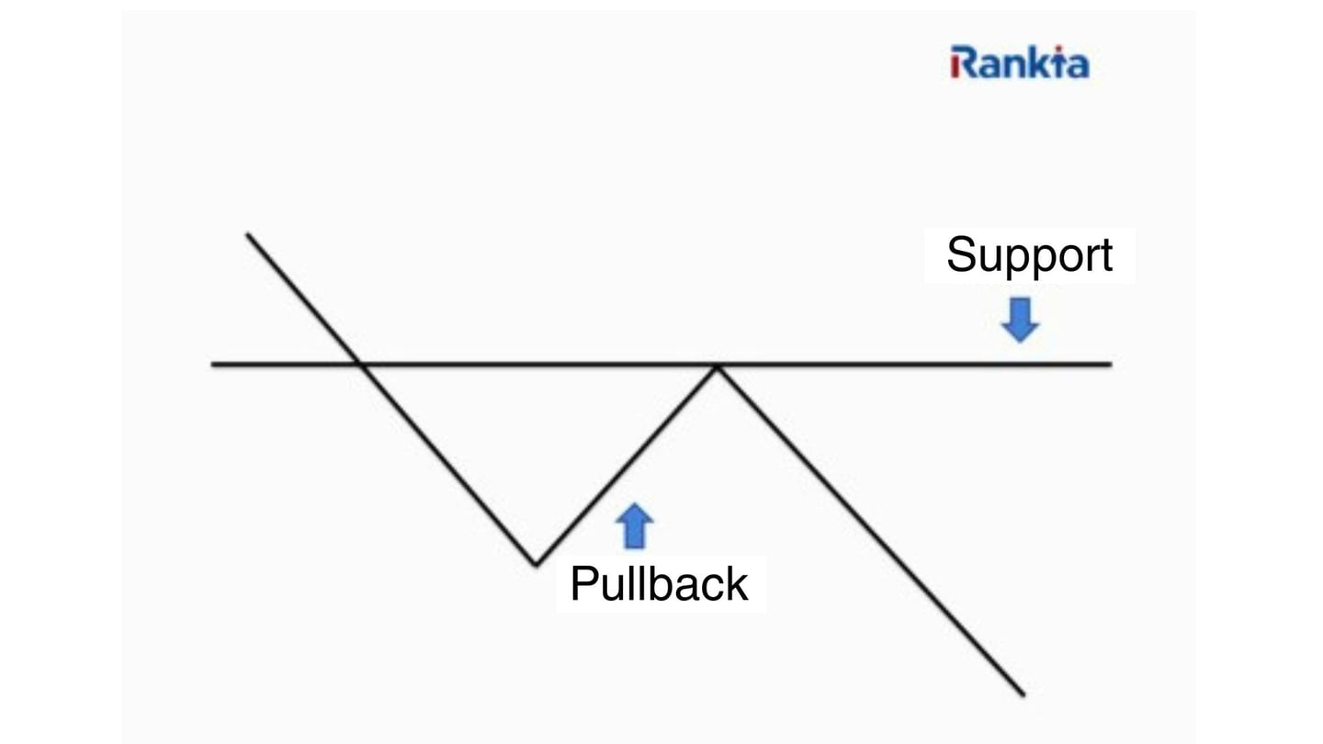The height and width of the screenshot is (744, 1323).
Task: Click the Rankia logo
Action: point(1020,62)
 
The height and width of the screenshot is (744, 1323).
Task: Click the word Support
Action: point(1029,255)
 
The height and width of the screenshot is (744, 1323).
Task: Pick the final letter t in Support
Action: point(1105,255)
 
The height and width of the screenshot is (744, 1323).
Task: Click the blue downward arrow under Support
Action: point(1020,319)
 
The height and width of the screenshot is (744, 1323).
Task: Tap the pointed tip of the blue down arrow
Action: point(1020,341)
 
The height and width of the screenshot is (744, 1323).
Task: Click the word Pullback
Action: point(659,584)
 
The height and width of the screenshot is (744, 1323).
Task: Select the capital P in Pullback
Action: point(584,584)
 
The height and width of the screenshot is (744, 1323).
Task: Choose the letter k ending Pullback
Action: point(737,584)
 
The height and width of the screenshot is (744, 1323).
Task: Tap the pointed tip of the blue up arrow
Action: point(634,504)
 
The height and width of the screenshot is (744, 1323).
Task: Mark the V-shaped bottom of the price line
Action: point(535,563)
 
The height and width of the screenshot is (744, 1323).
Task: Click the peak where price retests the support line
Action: point(718,366)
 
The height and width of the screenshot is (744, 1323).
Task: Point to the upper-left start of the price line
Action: point(247,234)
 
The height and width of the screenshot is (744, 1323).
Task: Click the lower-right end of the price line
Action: point(1023,694)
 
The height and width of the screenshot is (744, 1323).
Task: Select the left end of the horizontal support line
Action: point(213,365)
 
